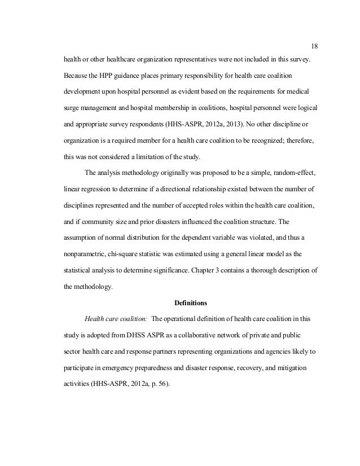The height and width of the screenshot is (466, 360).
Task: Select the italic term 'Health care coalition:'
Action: tap(112, 318)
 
